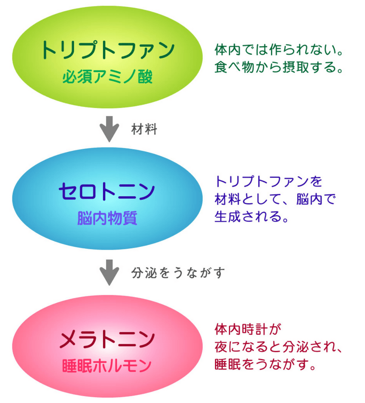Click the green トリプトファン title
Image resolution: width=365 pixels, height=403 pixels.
[108, 50]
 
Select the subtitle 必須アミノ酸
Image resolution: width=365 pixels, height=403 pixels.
[108, 76]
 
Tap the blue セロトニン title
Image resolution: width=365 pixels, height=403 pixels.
[107, 192]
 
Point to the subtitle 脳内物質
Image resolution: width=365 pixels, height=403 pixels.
[107, 218]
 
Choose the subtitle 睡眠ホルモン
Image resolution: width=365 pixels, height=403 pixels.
[107, 366]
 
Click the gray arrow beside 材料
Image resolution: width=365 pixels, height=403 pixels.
[109, 129]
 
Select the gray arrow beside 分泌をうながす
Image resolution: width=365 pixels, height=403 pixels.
[109, 272]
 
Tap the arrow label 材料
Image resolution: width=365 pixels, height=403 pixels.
[144, 129]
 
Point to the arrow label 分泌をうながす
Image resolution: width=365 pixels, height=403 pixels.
[178, 273]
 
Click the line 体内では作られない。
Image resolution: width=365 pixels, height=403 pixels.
[279, 50]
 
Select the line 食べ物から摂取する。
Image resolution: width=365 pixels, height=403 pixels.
[279, 67]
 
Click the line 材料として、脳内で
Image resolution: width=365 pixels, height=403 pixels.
[275, 199]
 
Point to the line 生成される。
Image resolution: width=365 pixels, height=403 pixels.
[251, 216]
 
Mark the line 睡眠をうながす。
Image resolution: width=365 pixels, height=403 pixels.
[265, 364]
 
